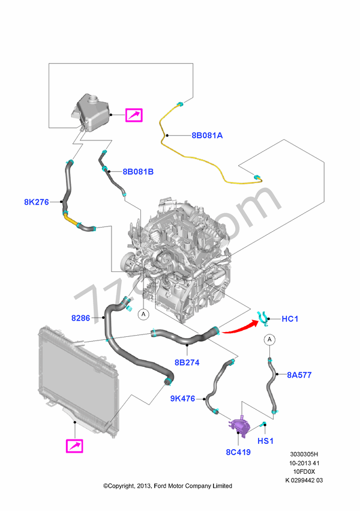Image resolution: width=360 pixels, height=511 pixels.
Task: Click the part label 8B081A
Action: coord(207,136)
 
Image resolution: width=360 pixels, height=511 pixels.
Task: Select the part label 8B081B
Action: coord(138,172)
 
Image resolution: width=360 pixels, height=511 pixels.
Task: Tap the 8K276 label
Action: coord(37,202)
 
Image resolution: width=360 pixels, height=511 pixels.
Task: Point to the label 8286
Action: coord(80,319)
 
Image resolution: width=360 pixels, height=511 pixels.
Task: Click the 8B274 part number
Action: coord(187,362)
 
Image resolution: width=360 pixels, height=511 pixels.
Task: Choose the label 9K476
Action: coord(182,398)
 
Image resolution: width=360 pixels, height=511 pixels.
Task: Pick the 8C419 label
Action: coord(238,452)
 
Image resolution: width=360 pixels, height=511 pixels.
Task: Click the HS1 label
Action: coord(265,441)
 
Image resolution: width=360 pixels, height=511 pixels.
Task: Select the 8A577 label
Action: coord(299,375)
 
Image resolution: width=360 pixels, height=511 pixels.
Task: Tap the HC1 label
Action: coord(289,319)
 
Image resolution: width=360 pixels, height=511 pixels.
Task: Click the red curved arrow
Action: coord(239,328)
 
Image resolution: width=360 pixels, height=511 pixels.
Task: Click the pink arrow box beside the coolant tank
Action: coord(134,114)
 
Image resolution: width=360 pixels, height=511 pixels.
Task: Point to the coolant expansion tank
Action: coord(91,111)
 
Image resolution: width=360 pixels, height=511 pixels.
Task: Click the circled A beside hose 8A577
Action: coord(269,340)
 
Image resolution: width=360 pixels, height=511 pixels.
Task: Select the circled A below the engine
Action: coord(143,313)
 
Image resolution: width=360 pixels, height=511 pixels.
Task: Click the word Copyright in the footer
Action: coord(122,486)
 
